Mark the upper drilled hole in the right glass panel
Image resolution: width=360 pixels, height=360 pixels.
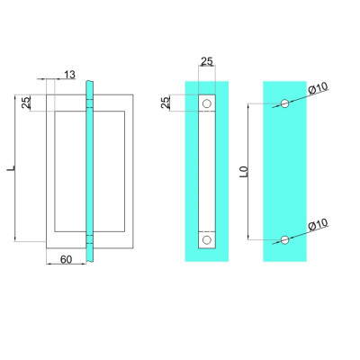point(285,103)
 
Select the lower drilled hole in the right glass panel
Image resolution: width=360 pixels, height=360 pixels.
point(285,239)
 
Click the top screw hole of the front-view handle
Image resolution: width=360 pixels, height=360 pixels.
point(207,103)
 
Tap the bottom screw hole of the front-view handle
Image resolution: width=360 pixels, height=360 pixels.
point(207,240)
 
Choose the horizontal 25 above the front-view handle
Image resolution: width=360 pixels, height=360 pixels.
point(206,62)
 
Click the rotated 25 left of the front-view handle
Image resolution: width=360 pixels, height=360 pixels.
point(166,103)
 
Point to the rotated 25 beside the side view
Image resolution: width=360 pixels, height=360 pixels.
point(26,103)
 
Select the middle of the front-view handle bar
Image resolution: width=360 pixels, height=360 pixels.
point(207,171)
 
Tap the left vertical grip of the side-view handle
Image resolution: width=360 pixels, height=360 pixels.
point(49,171)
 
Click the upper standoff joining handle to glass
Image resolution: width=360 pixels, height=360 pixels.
point(89,105)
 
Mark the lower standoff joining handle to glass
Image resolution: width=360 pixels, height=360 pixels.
point(89,238)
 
